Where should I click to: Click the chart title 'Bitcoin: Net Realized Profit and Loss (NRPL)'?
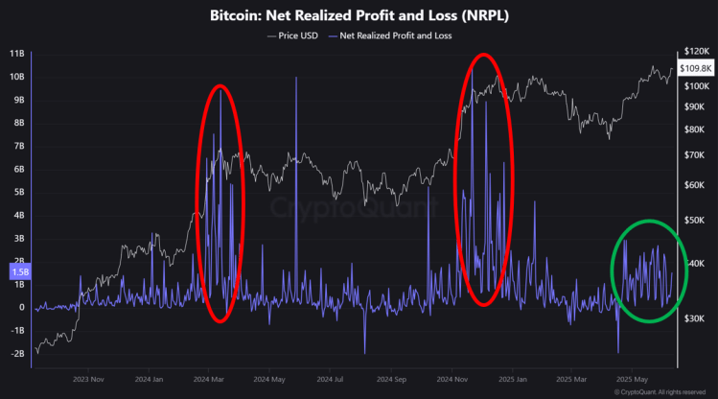coord(359,16)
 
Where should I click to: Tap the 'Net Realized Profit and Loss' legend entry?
coord(392,35)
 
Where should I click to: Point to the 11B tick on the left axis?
coord(16,54)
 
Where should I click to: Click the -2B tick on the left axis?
coord(16,353)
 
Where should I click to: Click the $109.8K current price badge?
coord(694,68)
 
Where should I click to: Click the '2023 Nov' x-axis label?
coord(87,378)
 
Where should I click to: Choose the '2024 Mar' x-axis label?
coord(208,378)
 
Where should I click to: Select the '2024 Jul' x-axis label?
coord(330,378)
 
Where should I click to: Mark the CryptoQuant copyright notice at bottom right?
coord(660,391)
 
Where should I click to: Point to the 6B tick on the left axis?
coord(16,169)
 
